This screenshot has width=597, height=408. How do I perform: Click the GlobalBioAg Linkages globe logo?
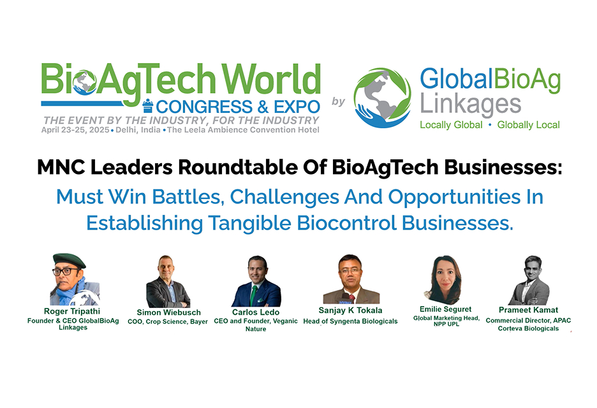[x=382, y=98]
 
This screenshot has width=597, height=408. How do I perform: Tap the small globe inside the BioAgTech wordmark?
[x=84, y=82]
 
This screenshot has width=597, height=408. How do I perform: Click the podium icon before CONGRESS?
[x=148, y=106]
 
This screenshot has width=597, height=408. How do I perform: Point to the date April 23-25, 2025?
[x=75, y=130]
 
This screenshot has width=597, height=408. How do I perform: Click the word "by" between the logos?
[x=338, y=101]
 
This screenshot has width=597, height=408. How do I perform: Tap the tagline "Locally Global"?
[x=451, y=125]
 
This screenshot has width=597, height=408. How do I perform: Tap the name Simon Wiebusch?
[x=168, y=312]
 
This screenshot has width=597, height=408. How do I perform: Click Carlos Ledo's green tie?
[x=253, y=295]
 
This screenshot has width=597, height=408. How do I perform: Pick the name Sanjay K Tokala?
[x=350, y=310]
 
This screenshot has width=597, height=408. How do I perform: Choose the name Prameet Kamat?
[x=529, y=310]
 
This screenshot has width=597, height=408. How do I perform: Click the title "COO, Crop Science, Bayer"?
[x=168, y=321]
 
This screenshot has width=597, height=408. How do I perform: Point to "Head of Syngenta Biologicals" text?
[x=350, y=321]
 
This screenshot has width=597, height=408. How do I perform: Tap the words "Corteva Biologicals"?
[x=529, y=328]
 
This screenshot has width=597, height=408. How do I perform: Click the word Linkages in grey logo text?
[x=470, y=105]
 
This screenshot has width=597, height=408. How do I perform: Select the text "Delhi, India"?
[x=138, y=130]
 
